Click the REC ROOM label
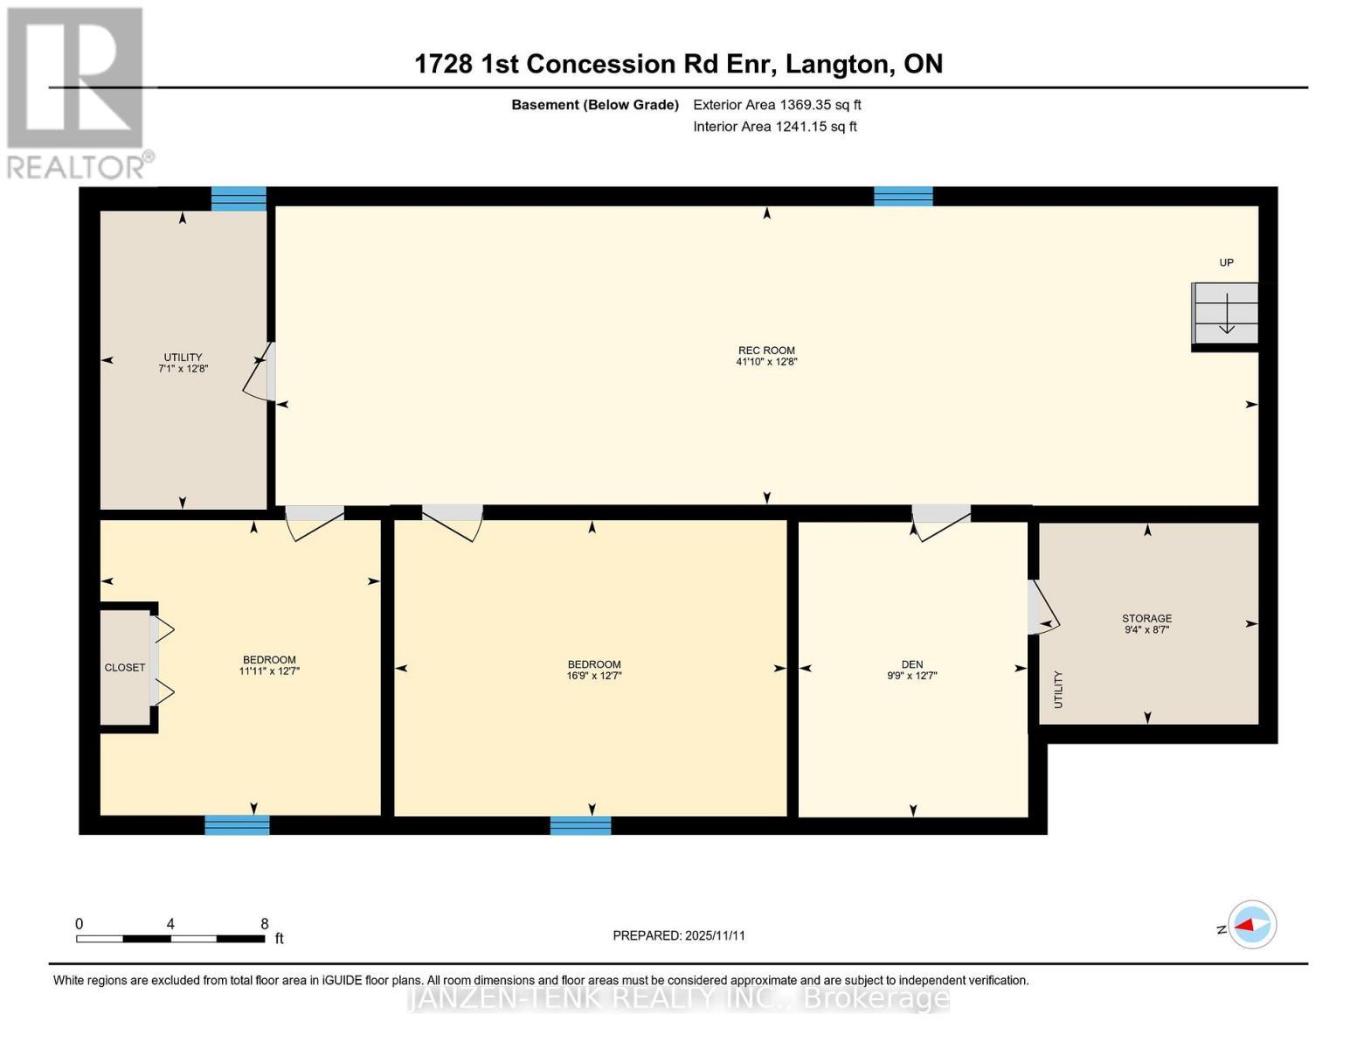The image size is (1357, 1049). pos(766,351)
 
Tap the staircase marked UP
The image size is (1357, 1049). pos(1226,313)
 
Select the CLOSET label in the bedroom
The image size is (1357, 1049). pos(125,668)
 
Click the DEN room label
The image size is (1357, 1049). pos(911,664)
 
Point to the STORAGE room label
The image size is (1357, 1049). pos(1146,618)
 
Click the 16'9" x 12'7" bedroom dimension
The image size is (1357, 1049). pos(594,676)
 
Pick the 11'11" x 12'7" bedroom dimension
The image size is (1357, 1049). pos(269,671)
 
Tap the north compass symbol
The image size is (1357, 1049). pos(1251,924)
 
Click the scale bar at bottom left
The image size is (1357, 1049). pos(170,939)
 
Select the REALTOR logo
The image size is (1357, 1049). pos(76,92)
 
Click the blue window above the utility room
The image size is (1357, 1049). pos(239,198)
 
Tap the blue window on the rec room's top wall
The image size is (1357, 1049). pos(904,197)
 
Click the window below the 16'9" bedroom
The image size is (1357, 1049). pos(580,825)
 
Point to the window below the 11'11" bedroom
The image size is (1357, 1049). pos(237,825)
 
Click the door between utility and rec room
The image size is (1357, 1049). pos(260,372)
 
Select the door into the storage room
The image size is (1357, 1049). pos(1042,608)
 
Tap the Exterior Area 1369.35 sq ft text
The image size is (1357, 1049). pos(777,105)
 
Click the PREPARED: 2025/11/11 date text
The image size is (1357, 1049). pos(679,935)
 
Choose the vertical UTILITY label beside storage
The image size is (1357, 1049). pos(1058,689)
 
